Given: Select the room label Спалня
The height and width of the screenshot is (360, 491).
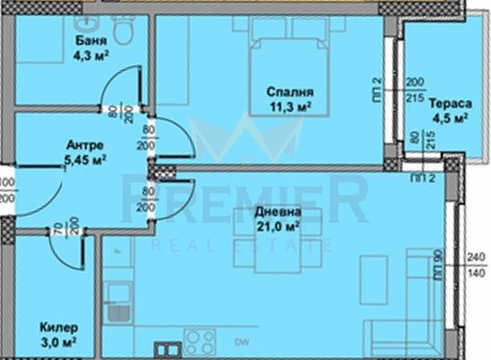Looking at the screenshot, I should click(x=290, y=92).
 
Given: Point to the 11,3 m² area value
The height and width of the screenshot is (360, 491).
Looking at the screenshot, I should click(x=289, y=106).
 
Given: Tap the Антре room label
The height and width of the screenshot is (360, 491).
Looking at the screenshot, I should click(x=83, y=146).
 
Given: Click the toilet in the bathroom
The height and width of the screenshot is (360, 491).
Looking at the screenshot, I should click(x=123, y=30).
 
